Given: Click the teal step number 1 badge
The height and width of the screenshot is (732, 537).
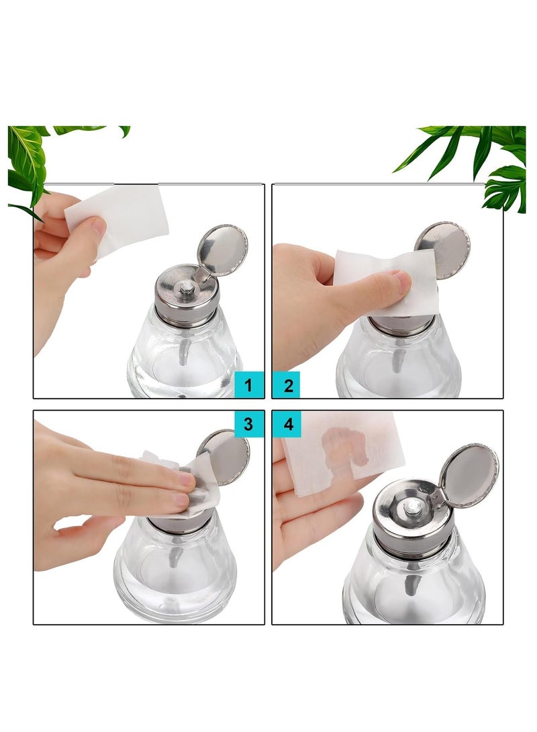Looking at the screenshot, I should [x=249, y=385].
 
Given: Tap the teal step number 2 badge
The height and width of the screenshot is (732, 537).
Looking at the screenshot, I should [x=288, y=385].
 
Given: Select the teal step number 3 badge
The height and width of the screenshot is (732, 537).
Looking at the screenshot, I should [x=249, y=423].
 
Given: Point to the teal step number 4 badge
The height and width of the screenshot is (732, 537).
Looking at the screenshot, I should [x=288, y=423].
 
